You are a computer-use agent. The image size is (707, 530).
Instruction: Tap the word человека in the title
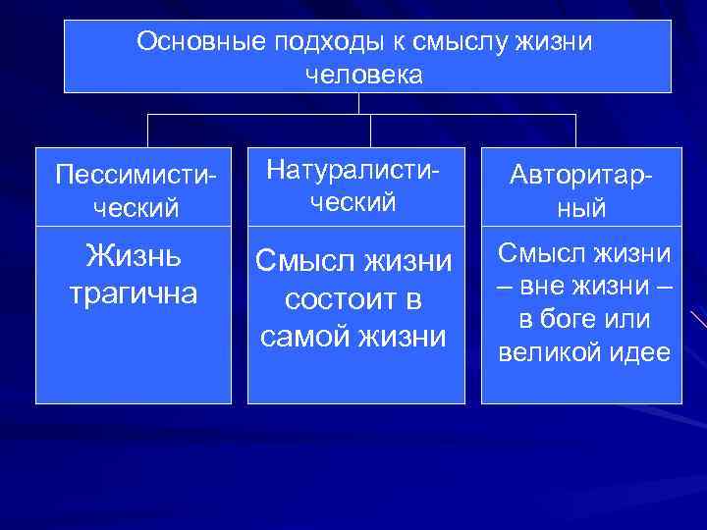click(364, 75)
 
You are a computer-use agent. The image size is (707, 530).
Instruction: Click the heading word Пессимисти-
click(135, 175)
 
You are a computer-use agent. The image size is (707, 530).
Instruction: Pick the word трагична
click(133, 291)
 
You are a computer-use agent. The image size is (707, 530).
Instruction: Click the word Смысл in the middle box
click(303, 261)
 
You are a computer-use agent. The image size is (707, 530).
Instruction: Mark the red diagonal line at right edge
click(698, 320)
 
